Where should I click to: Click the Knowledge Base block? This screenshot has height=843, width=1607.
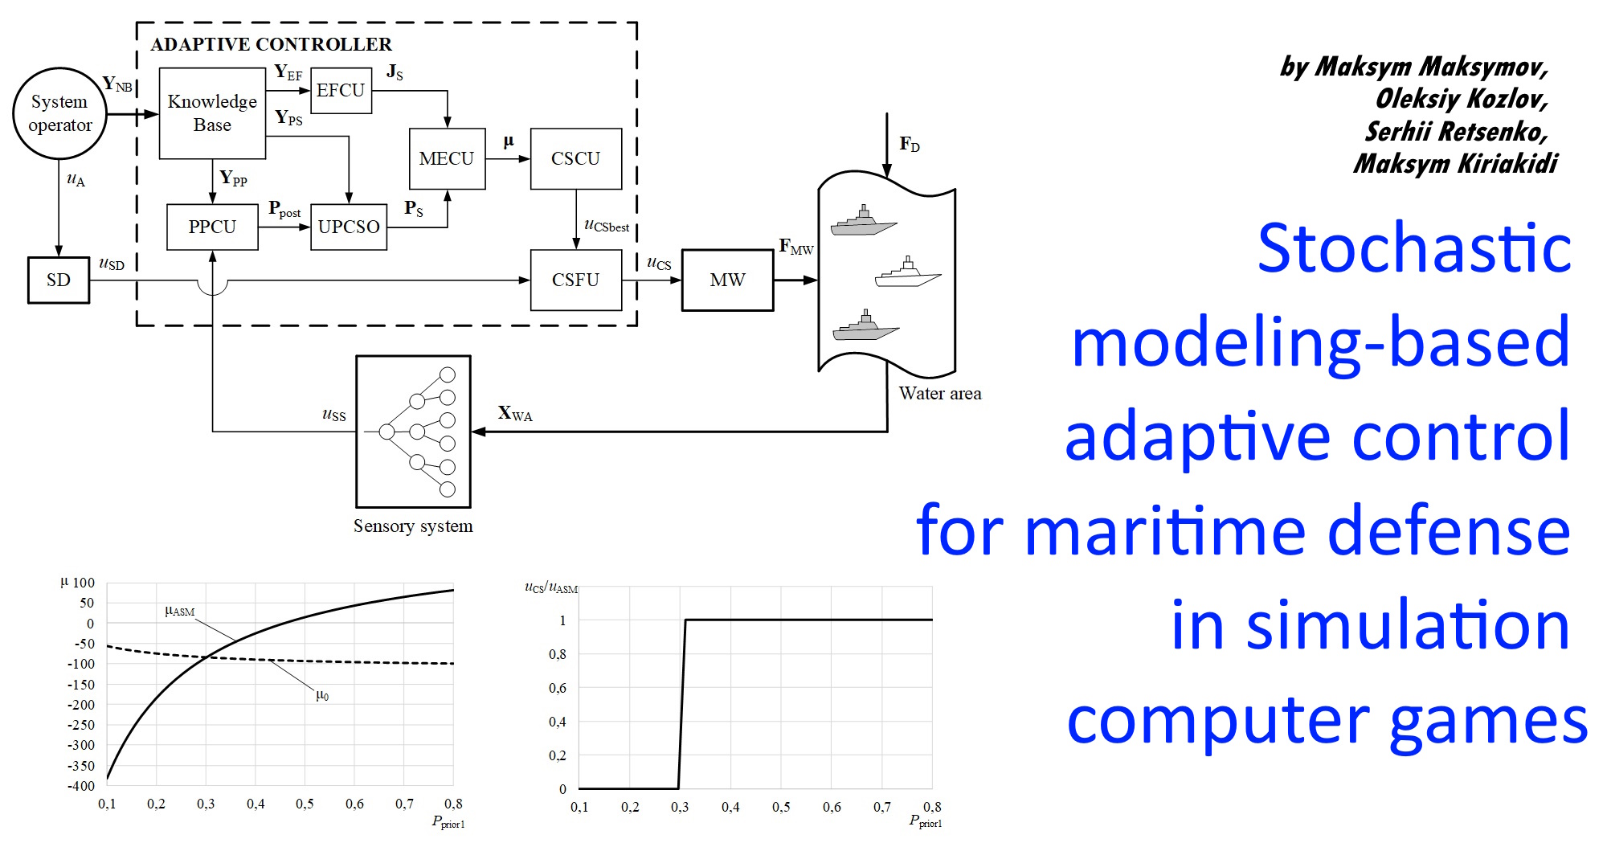coord(212,113)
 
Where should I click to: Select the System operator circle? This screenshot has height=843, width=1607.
coord(59,113)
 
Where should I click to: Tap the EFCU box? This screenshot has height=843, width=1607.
coord(341,91)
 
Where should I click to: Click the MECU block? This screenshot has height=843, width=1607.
coord(447,159)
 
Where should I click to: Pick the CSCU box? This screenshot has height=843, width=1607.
coord(575,159)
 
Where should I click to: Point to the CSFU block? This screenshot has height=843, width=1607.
coord(575,280)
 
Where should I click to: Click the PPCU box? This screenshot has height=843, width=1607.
coord(212,227)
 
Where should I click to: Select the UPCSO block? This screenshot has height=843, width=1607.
coord(349,227)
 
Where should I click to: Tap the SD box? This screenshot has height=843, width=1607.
coord(59,280)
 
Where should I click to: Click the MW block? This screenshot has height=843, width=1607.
coord(727,280)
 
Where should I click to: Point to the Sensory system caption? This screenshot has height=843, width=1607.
coord(413,526)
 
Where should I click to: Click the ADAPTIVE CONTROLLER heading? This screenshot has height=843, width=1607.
coord(271,44)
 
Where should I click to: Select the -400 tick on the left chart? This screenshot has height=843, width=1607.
coord(81,786)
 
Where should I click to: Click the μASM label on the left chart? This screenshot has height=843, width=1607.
coord(180,612)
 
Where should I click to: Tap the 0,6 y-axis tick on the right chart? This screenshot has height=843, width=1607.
coord(558,688)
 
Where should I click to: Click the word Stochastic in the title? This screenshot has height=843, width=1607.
coord(1414,249)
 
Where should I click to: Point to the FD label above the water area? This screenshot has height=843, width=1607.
coord(910,145)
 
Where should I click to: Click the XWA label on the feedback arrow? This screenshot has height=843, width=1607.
coord(515,414)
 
